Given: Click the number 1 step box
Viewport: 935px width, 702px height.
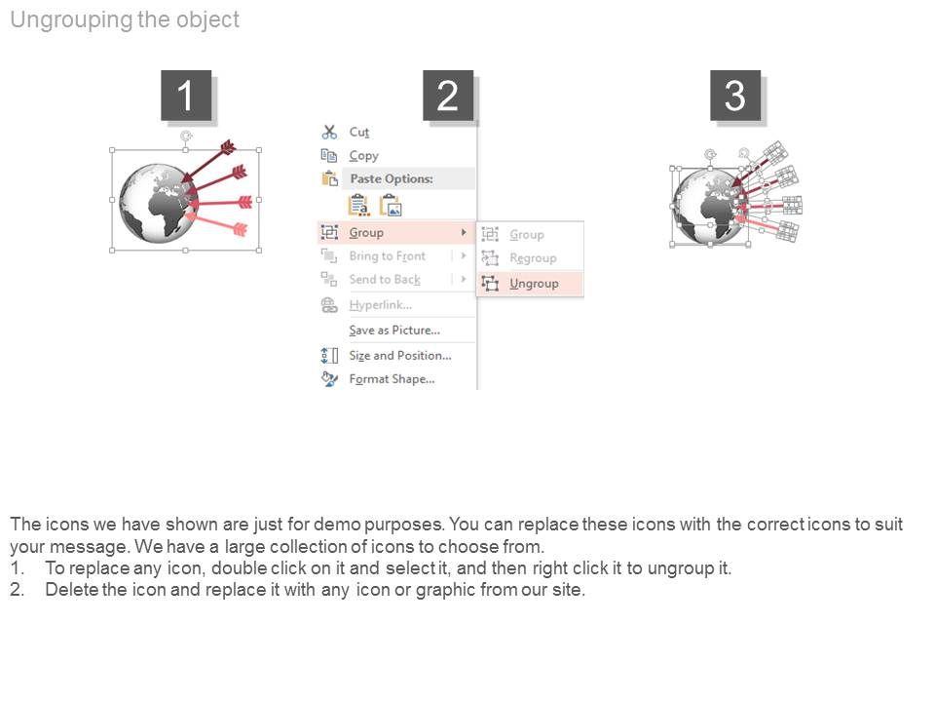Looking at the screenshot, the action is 186,96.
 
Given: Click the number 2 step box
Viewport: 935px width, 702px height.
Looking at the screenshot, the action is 448,96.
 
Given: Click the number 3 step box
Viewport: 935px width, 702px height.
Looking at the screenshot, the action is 735,96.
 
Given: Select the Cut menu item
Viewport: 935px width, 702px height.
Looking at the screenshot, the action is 359,132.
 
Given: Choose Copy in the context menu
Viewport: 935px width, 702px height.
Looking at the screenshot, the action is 363,156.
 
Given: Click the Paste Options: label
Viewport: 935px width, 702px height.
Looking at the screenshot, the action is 392,178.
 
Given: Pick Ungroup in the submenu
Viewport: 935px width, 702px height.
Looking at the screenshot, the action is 534,284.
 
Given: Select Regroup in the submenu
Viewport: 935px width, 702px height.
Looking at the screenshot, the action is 533,258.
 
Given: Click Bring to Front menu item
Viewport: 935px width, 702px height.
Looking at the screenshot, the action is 388,256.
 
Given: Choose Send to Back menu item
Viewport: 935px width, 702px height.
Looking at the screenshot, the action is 385,280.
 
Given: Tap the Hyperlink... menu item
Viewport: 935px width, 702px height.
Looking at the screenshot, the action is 381,305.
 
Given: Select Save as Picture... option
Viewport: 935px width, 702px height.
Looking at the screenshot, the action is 394,331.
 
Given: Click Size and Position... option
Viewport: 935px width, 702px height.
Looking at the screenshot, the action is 400,355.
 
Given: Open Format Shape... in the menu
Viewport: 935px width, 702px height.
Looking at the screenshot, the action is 392,379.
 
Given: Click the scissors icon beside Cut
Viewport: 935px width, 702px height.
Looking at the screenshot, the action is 329,132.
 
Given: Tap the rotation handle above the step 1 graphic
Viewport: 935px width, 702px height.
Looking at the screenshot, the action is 186,136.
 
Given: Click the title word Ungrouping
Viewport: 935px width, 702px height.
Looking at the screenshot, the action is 71,20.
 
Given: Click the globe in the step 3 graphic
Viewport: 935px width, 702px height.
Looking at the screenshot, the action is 708,207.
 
